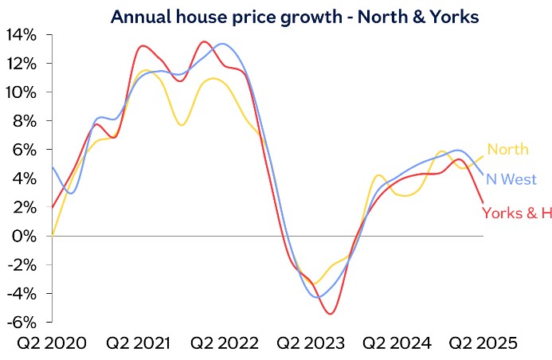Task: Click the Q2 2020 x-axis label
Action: point(50,343)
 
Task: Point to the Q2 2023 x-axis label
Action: point(311,343)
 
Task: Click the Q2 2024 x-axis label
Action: point(397,343)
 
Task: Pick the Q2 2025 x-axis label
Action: point(483,343)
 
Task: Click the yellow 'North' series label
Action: point(507,150)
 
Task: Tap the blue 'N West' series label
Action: point(510,179)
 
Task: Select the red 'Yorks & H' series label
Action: point(516,213)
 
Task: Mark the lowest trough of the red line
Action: point(330,314)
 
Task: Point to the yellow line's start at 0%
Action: point(53,235)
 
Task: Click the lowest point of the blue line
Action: point(319,297)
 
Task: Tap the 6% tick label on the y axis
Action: point(25,149)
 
